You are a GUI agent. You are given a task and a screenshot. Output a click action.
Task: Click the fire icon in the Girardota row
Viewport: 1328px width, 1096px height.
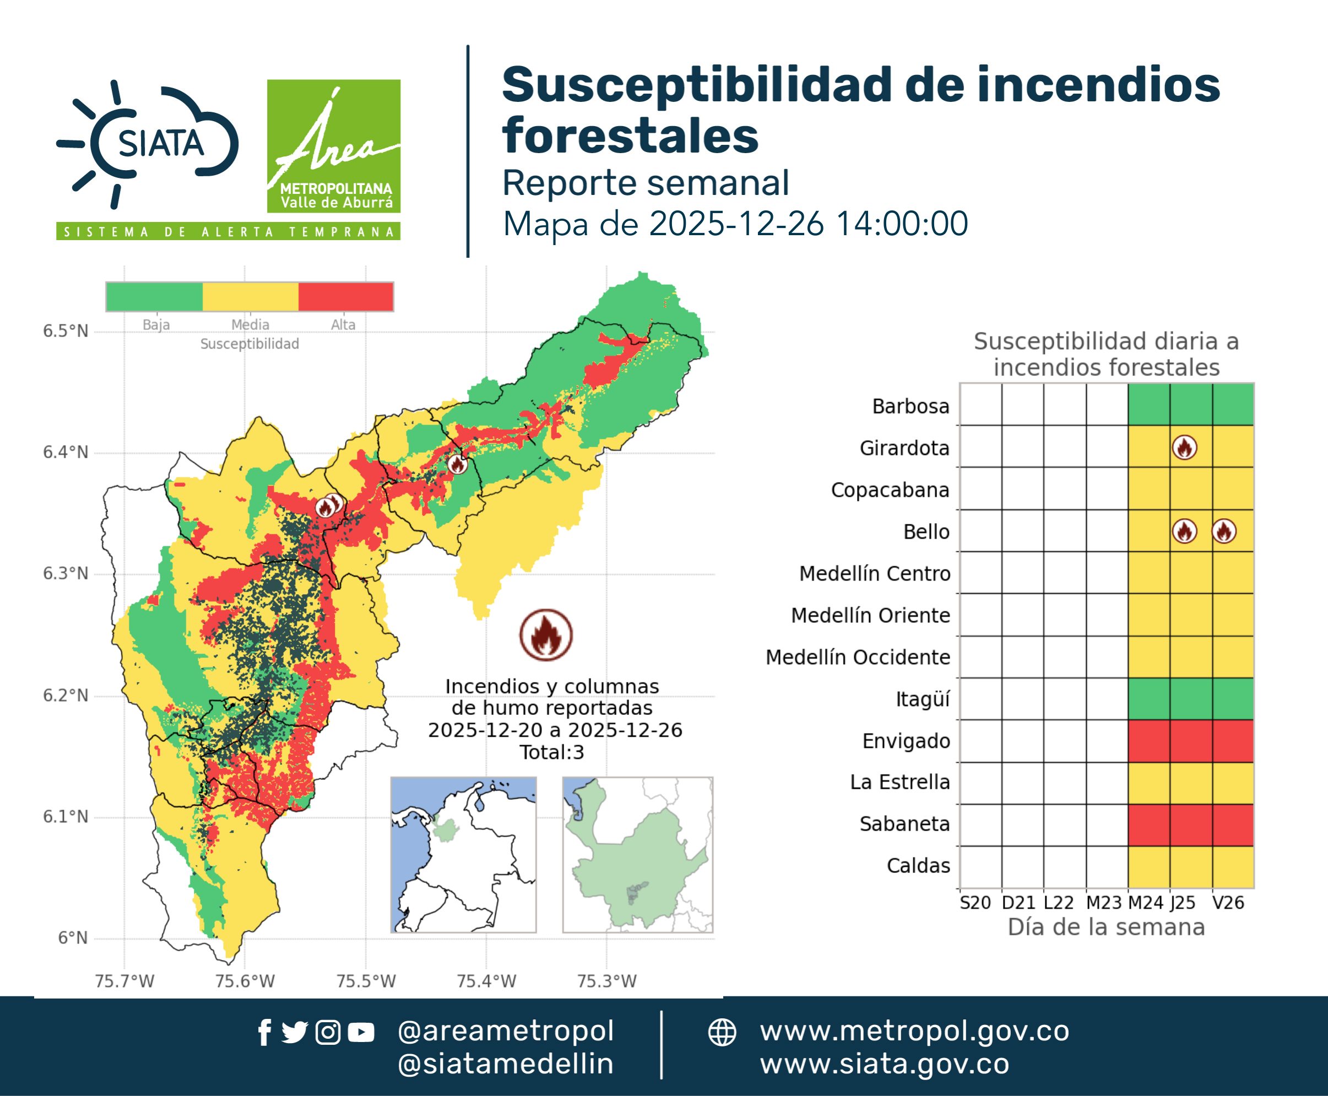[x=1184, y=448]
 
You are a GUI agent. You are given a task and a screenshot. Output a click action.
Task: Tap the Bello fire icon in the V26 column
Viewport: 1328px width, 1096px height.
[x=1224, y=531]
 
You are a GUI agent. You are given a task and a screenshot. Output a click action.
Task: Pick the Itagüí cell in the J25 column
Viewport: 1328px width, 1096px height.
[x=1191, y=699]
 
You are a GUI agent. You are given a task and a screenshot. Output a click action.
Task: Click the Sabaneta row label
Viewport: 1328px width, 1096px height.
[x=904, y=824]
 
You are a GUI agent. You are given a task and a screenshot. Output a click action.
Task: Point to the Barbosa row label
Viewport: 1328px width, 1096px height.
[x=910, y=406]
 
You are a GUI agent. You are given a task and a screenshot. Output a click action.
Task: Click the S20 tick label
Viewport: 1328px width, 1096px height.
[x=975, y=903]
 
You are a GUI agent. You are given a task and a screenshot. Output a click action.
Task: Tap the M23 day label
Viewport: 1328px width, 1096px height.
[x=1103, y=903]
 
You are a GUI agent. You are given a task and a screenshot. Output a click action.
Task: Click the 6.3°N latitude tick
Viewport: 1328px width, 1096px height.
[x=66, y=573]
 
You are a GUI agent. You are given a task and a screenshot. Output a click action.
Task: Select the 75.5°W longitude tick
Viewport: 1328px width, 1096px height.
[x=366, y=981]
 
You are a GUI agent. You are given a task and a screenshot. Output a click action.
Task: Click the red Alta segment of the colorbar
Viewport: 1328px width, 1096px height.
[x=345, y=297]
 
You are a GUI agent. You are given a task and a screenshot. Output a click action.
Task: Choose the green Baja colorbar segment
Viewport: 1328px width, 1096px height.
[x=155, y=297]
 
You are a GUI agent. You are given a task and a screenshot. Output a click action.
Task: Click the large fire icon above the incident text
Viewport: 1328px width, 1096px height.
[x=546, y=634]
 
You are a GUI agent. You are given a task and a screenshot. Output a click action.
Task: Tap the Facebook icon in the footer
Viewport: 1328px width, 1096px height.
[x=264, y=1032]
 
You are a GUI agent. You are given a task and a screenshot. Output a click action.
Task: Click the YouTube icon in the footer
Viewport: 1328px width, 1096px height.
[x=361, y=1032]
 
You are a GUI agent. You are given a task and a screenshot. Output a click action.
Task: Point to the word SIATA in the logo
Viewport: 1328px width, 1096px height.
[x=161, y=144]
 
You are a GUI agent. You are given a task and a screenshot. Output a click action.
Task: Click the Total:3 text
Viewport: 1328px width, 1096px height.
[x=552, y=752]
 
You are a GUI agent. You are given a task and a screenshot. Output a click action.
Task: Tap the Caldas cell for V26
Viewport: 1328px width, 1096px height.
[x=1233, y=867]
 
